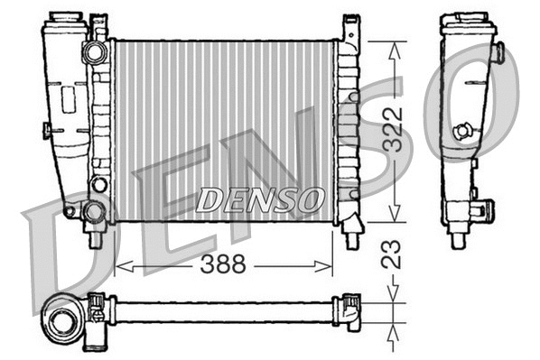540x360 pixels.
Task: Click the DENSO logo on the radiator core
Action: click(x=258, y=197)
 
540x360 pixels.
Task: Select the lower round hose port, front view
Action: click(x=95, y=213)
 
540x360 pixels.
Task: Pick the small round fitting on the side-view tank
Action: click(x=463, y=132)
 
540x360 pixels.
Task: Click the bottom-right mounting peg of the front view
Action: click(x=350, y=237)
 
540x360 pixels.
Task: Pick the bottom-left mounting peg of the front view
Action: click(x=95, y=240)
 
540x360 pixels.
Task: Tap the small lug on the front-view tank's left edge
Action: click(x=46, y=130)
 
